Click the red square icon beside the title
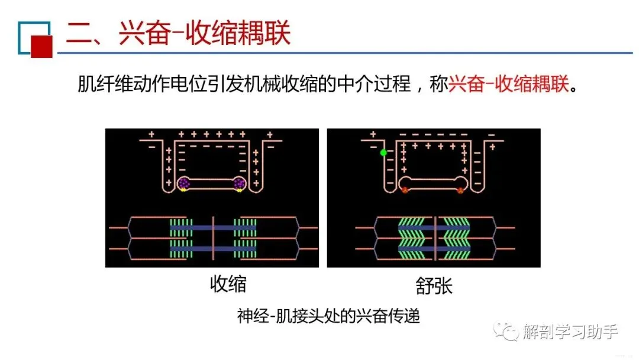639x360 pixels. click(41, 45)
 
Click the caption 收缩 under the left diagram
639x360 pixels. click(228, 285)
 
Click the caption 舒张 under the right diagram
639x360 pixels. click(434, 286)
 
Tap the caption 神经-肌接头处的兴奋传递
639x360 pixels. click(328, 316)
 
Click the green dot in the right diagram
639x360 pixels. click(383, 153)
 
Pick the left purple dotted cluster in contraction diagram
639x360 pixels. click(185, 184)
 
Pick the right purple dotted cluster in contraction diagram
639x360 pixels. click(239, 184)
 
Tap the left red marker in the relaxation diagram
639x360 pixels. click(405, 190)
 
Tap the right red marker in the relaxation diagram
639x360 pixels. click(460, 190)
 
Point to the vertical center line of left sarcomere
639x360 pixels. click(213, 237)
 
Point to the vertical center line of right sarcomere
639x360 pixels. click(435, 237)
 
